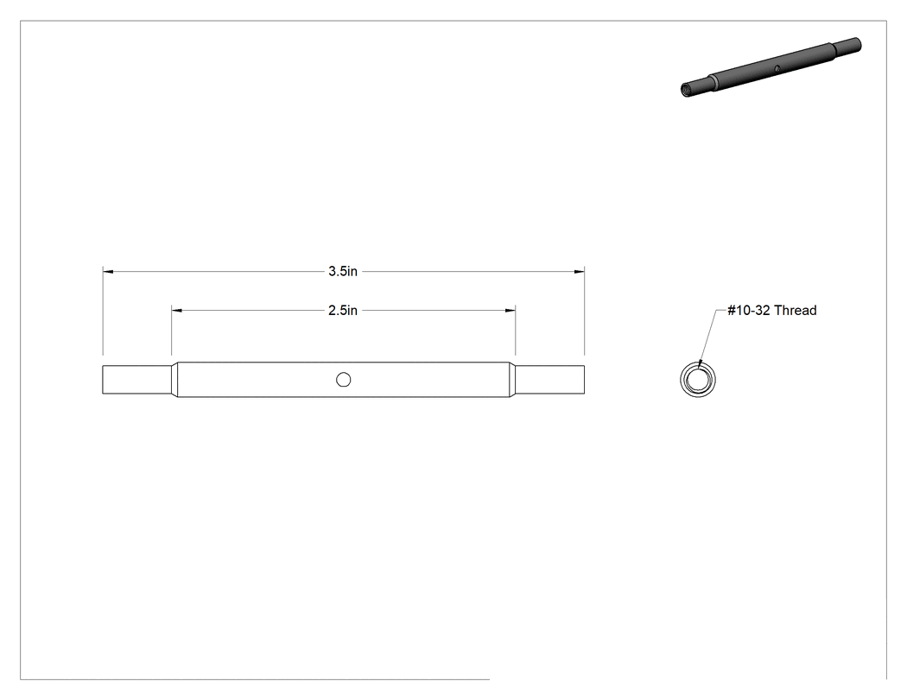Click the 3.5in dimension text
pyautogui.click(x=343, y=271)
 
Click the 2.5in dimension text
pyautogui.click(x=343, y=311)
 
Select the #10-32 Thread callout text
pyautogui.click(x=771, y=311)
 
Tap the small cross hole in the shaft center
pyautogui.click(x=344, y=380)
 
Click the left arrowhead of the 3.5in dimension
pyautogui.click(x=108, y=271)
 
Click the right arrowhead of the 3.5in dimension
pyautogui.click(x=579, y=271)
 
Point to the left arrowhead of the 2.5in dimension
pyautogui.click(x=177, y=311)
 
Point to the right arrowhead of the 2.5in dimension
pyautogui.click(x=511, y=311)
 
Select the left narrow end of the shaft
pyautogui.click(x=136, y=380)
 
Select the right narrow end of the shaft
pyautogui.click(x=550, y=380)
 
